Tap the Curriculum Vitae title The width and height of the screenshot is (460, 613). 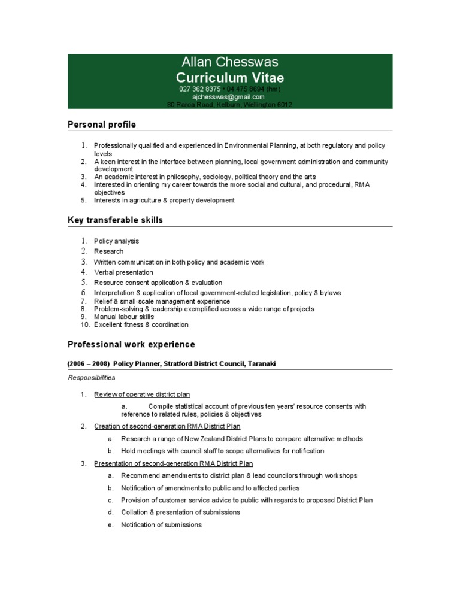(230, 78)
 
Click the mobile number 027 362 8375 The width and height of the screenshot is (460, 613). (200, 89)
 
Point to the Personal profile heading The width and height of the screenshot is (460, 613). (102, 125)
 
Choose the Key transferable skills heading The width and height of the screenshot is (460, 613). (115, 220)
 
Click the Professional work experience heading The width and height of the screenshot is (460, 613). (131, 345)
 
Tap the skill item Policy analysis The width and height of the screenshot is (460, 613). (116, 241)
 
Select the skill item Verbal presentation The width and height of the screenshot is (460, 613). (123, 272)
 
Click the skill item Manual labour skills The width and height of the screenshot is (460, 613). (124, 317)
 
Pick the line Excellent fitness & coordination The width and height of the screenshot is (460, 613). (141, 324)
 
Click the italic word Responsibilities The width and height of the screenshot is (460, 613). (92, 378)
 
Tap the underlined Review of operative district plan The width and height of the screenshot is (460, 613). (142, 394)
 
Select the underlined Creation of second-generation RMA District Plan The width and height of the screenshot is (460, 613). (167, 426)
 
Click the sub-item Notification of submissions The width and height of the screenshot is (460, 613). (161, 525)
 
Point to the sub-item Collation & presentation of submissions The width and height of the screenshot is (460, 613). (180, 512)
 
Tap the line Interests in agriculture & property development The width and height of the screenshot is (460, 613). (164, 201)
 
